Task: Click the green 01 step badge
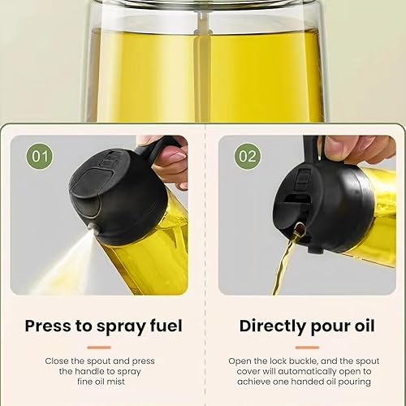click(40, 157)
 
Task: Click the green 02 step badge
click(248, 157)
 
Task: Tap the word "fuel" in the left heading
click(166, 326)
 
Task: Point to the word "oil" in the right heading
click(365, 326)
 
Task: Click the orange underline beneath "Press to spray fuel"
click(99, 348)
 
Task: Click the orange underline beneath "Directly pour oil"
click(307, 348)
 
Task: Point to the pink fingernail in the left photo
click(176, 158)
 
